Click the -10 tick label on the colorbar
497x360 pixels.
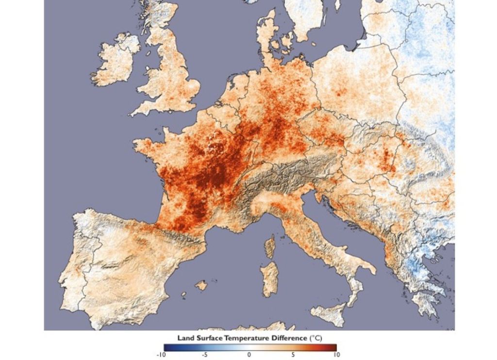[x=161, y=355]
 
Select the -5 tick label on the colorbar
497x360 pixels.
[x=204, y=355]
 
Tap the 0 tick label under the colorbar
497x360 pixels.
[x=249, y=355]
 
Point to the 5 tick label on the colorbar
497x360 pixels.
[x=293, y=355]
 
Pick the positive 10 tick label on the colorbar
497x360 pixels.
[x=336, y=355]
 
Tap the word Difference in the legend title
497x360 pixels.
[x=288, y=337]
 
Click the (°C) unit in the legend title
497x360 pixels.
[x=315, y=337]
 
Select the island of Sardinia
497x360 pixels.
[x=268, y=279]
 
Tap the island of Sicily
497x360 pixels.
[x=330, y=313]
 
